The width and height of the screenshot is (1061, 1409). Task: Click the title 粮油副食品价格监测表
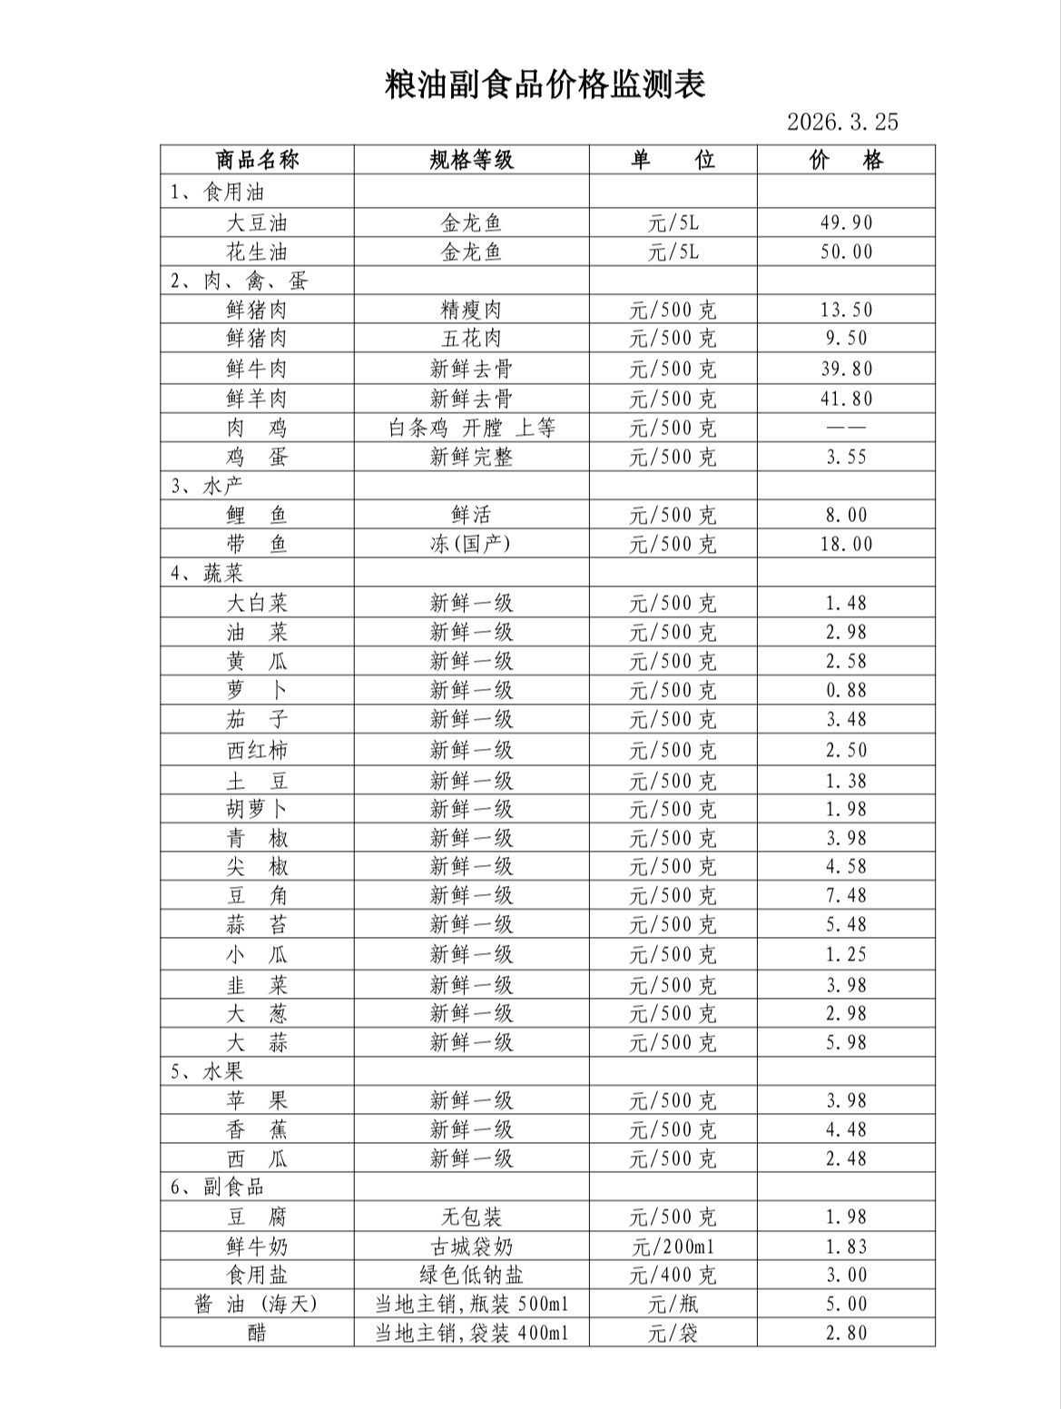point(545,84)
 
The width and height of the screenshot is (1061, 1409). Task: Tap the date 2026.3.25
point(841,122)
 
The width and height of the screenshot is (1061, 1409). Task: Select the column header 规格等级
point(471,161)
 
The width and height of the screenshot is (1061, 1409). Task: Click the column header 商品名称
point(257,161)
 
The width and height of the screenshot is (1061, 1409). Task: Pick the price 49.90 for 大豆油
point(846,223)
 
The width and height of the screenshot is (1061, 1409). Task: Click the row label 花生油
point(257,252)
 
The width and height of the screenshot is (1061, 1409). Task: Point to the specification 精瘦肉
point(471,310)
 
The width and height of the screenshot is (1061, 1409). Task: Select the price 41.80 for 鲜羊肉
point(846,399)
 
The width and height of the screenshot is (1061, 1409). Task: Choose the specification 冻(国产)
point(471,544)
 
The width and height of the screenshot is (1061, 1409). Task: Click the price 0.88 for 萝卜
point(846,690)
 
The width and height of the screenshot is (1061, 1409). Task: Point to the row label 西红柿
point(257,751)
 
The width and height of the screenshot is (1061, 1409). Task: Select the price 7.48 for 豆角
point(846,895)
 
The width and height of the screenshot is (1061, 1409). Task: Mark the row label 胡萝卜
point(257,809)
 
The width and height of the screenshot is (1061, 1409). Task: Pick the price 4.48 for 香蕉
point(846,1129)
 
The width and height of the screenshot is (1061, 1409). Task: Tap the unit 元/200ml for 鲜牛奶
point(673,1246)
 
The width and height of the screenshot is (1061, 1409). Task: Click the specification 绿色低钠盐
point(471,1276)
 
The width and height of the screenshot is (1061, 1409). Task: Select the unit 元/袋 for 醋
point(673,1334)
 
